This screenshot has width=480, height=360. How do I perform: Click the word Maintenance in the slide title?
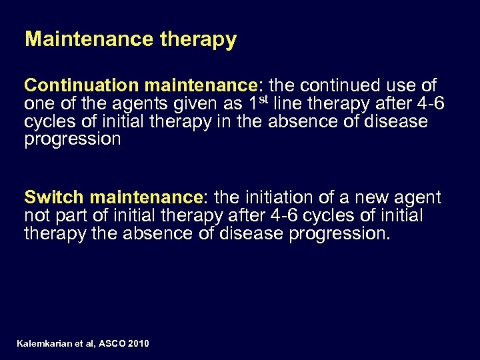coord(90,39)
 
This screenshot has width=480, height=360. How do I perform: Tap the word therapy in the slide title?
coord(199,40)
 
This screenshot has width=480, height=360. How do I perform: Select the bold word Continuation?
coord(80,86)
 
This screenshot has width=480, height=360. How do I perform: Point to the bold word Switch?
coord(54,197)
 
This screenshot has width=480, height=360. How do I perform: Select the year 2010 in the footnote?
coord(138,343)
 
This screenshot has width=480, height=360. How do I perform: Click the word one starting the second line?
coord(38,105)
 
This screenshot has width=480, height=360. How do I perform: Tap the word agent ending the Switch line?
coord(419,198)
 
